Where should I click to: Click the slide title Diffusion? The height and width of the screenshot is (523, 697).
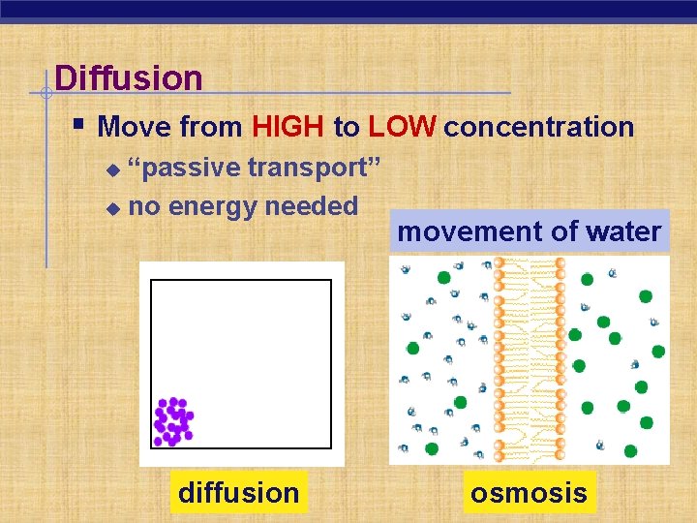(x=129, y=77)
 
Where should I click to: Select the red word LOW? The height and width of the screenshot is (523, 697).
(x=402, y=127)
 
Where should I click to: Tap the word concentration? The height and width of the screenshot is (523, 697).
(x=539, y=127)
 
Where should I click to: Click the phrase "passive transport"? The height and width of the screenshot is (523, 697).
(x=254, y=168)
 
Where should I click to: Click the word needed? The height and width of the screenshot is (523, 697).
(x=311, y=206)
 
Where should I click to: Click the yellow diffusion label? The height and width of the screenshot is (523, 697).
(x=238, y=492)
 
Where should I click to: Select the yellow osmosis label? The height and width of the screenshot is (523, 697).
(x=529, y=492)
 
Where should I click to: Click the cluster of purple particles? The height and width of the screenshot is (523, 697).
(x=173, y=421)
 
